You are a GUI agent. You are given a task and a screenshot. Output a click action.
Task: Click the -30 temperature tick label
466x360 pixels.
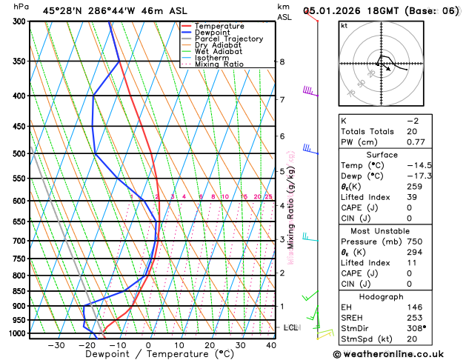pyautogui.click(x=56, y=345)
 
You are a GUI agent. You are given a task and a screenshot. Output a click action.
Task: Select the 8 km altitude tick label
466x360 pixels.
pyautogui.click(x=282, y=61)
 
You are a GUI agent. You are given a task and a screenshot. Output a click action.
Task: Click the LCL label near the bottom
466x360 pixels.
pyautogui.click(x=290, y=327)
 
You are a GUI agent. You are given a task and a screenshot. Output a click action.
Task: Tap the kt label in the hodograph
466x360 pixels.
pyautogui.click(x=344, y=25)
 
